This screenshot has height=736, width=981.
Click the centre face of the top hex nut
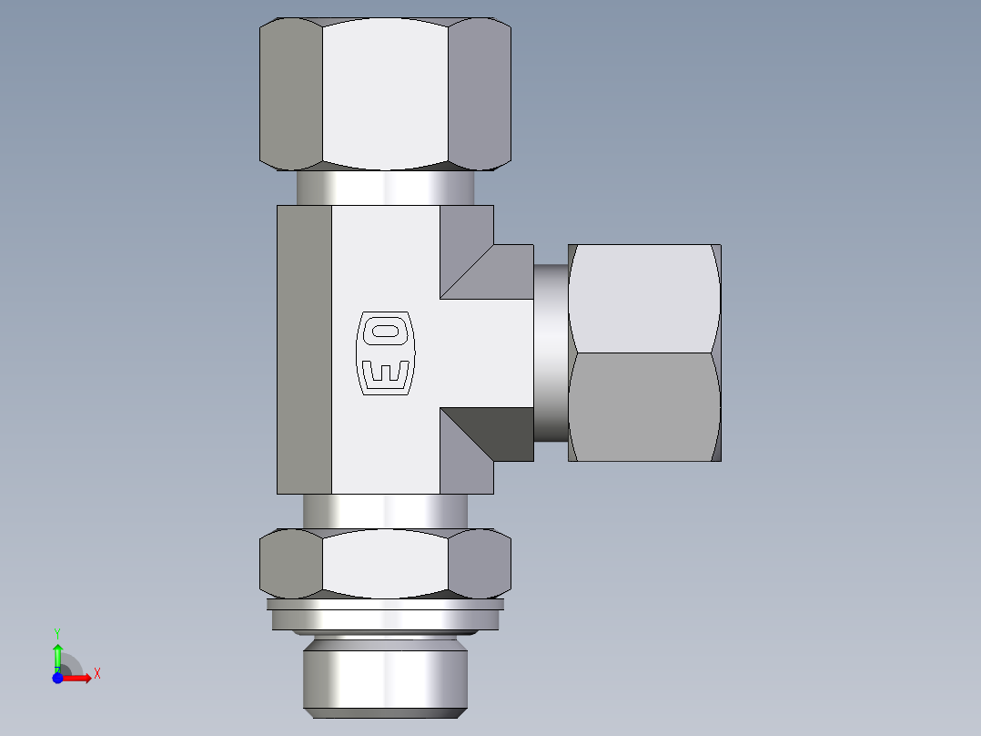tap(386, 93)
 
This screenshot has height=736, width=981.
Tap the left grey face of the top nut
tap(291, 93)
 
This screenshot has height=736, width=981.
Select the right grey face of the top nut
tap(480, 93)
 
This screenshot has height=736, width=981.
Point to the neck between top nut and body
tap(385, 188)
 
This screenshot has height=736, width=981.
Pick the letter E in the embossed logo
tap(384, 373)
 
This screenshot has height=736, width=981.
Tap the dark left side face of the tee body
tap(304, 350)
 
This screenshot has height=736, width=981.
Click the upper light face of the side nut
tap(642, 298)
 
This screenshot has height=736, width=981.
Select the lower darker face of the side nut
tap(644, 407)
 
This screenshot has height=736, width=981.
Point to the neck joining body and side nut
tap(551, 353)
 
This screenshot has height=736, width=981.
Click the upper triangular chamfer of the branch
tap(482, 270)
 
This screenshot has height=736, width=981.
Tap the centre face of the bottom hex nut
tap(386, 564)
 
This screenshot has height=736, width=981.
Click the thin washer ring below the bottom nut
tap(386, 604)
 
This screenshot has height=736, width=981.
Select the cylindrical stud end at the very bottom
tap(386, 679)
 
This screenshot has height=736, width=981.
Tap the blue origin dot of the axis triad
tap(57, 679)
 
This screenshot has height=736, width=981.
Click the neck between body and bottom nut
tap(385, 511)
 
